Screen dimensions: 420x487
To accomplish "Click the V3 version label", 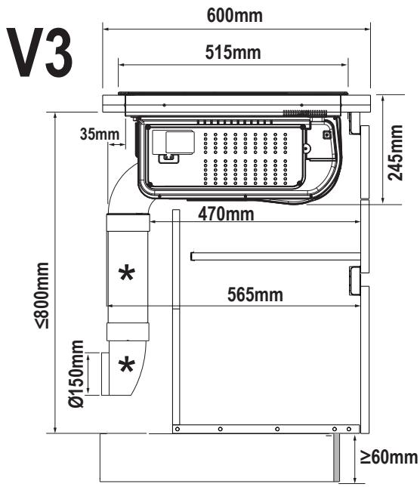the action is point(40,52).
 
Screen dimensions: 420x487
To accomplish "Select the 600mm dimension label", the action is point(234,15).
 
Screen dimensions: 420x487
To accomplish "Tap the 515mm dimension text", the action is point(233,52).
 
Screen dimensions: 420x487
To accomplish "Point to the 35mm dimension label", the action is point(100,134).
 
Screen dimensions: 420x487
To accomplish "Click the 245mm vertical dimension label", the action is point(395,153).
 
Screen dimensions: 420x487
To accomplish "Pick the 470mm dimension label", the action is point(226,214).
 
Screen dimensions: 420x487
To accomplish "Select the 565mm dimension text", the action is point(255,294).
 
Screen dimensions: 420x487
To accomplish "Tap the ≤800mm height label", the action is point(42,295).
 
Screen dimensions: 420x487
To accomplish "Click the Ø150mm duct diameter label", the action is point(76,374).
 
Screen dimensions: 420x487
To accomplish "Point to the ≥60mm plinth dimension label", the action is point(389,458).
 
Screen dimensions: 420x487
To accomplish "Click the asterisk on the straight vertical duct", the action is point(127,273).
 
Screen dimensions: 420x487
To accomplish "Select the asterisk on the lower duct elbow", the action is point(127,365).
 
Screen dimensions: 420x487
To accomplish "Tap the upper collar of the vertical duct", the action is point(128,223).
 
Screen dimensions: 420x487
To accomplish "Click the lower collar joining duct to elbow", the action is point(128,332).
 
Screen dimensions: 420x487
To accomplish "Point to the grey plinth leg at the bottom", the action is point(336,458).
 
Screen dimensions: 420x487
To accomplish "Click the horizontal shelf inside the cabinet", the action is point(276,257).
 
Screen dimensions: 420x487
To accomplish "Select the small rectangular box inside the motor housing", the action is point(181,142).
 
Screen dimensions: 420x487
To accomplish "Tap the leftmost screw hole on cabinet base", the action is point(178,429).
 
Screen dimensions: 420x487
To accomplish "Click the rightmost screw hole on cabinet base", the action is point(349,429).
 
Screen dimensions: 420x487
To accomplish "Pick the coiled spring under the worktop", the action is point(304,113).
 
